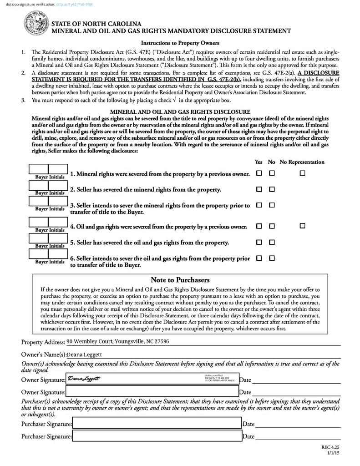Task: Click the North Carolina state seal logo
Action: (x=35, y=23)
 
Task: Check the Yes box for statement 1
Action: (x=259, y=173)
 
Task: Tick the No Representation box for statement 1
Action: (x=302, y=173)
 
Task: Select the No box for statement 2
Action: (x=272, y=189)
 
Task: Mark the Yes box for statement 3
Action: (x=259, y=205)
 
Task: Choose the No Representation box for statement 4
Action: (x=302, y=226)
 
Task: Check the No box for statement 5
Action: (x=272, y=242)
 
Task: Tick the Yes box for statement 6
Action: (x=259, y=258)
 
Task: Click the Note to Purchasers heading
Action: (x=180, y=280)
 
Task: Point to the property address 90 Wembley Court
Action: (x=117, y=341)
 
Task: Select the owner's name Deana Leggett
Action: (x=85, y=355)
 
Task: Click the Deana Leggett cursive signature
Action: (x=84, y=379)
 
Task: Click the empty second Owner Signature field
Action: (x=152, y=391)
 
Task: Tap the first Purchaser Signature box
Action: (x=157, y=424)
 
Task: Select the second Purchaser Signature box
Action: (x=157, y=436)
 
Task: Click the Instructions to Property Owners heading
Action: (x=180, y=43)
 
